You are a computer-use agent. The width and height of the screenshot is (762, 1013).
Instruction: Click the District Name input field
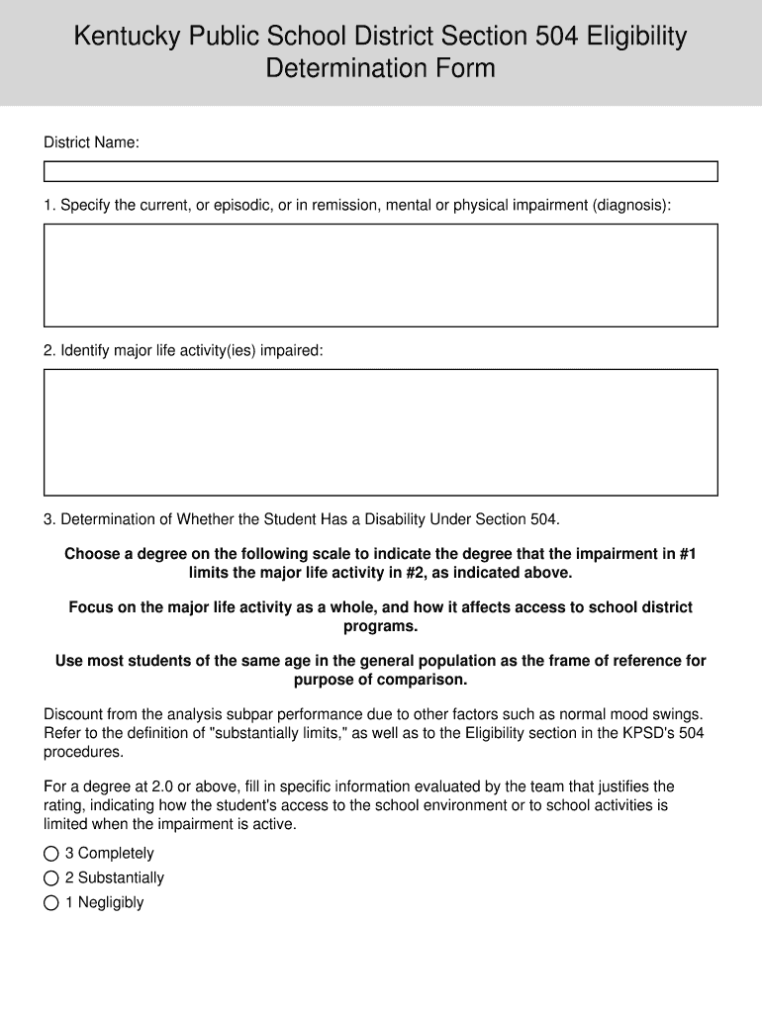coord(380,172)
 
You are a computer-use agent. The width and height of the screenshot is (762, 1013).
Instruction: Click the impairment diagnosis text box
coord(380,275)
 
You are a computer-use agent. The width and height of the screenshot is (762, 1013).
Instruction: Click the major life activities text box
coord(380,432)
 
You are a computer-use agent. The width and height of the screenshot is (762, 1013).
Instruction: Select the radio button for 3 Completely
coord(51,853)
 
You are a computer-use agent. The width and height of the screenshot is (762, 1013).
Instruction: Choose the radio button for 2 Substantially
coord(51,877)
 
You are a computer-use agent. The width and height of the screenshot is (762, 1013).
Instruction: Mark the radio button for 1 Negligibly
coord(51,902)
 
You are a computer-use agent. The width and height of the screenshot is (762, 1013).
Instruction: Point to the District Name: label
coord(91,143)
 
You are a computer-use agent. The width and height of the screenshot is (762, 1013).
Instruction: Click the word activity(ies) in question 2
coord(218,350)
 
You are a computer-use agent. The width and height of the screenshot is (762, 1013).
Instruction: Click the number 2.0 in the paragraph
coord(154,786)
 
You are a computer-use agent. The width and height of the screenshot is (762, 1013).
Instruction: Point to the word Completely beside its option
coord(116,853)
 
